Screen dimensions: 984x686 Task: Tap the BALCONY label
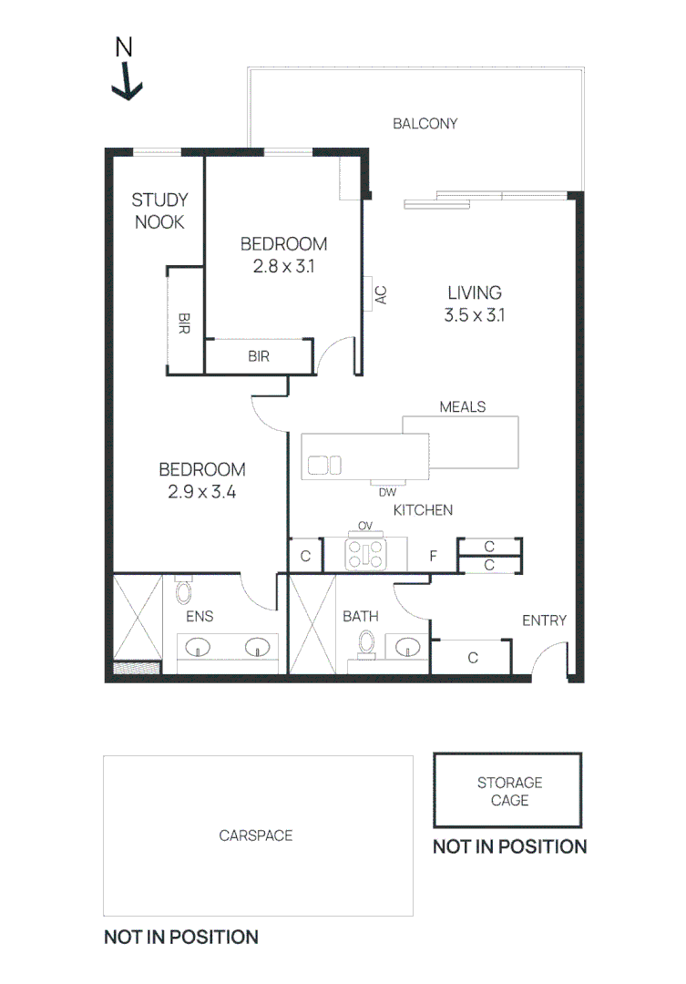point(425,123)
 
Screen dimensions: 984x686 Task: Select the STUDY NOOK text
point(159,210)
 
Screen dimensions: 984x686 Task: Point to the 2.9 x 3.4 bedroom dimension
point(201,492)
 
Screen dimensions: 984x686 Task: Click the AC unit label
point(381,294)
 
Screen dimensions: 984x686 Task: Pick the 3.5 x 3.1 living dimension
point(474,316)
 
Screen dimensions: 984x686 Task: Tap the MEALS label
point(462,406)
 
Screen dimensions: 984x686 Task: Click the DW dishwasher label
point(387,492)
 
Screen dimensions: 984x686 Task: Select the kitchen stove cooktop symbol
point(366,554)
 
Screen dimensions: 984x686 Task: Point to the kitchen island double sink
point(324,465)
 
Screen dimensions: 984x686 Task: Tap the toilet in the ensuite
point(183,592)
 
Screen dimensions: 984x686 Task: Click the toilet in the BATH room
point(367,641)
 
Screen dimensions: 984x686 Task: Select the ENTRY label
point(544,620)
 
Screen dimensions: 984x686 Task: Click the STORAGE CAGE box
point(508,791)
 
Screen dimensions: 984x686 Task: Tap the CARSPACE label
point(256,835)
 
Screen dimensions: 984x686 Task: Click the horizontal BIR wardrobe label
point(259,356)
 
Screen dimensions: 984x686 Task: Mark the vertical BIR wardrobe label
point(184,323)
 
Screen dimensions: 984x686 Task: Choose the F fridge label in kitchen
point(434,555)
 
